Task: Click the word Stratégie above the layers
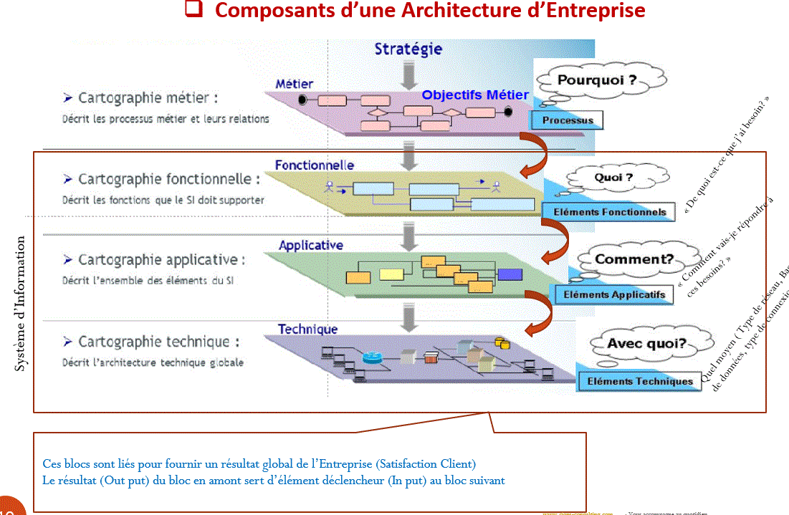tap(408, 49)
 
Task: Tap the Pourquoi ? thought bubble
tap(597, 81)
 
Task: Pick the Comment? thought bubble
tap(633, 259)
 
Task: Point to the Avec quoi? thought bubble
tap(646, 344)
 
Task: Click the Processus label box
tap(568, 120)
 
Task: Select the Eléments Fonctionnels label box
tap(610, 211)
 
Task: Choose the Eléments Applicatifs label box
tap(614, 294)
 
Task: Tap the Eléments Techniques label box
tap(640, 381)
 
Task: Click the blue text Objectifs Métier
tap(475, 95)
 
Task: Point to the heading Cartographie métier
tap(148, 98)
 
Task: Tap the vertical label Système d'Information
tap(21, 304)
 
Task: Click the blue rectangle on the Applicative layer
tap(510, 274)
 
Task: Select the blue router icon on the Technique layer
tap(373, 358)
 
